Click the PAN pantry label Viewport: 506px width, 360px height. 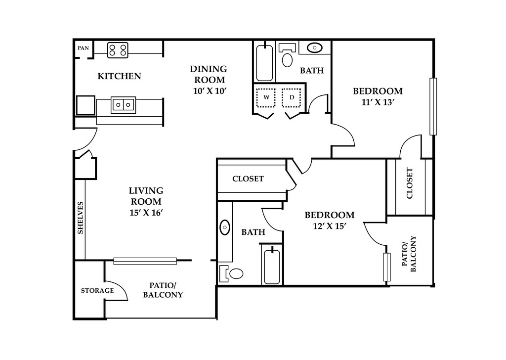83,48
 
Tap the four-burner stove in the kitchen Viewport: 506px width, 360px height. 118,50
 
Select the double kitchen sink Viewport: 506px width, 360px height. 123,105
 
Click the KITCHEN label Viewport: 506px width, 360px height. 120,76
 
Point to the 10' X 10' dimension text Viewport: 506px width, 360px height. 210,91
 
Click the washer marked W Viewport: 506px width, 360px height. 266,97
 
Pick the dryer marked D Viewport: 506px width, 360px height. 292,97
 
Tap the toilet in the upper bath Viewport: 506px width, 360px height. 287,55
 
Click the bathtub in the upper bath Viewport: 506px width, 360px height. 265,63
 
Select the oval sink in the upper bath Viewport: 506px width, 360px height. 315,48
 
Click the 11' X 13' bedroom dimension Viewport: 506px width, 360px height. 379,102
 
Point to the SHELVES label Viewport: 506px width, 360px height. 81,218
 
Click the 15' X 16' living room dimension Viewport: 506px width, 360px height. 146,213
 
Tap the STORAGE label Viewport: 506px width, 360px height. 97,291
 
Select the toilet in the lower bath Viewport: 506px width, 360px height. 231,274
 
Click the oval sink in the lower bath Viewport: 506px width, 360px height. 225,227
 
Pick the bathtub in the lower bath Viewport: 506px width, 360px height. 272,265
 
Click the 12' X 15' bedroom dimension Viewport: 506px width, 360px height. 330,226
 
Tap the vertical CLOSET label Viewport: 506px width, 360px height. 410,183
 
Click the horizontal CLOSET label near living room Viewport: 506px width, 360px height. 248,179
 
